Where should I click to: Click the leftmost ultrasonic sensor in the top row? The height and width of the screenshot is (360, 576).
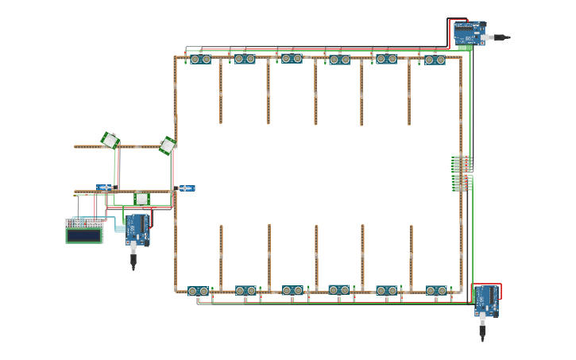tap(200, 59)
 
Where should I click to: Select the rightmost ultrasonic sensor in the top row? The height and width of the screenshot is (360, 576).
tap(435, 60)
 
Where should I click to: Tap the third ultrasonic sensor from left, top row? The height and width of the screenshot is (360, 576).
tap(292, 58)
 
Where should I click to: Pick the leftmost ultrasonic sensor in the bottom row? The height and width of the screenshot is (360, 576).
tap(199, 292)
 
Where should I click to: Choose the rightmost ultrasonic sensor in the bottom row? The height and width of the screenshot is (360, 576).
tap(436, 291)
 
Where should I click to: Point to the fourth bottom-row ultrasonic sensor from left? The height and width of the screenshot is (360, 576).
tap(339, 290)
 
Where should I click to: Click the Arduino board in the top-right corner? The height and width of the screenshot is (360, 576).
tap(469, 33)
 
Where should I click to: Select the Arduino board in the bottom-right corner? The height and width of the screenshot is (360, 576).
tap(486, 301)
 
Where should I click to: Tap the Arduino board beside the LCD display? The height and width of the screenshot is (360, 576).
tap(137, 229)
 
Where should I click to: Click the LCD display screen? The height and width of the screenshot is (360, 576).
tap(83, 235)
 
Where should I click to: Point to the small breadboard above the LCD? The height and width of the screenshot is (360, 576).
tap(83, 223)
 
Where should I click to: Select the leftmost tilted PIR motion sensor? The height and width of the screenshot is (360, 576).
tap(110, 141)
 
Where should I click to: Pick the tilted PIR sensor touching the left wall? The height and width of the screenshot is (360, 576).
tap(167, 145)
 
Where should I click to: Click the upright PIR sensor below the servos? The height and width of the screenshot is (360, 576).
tap(141, 199)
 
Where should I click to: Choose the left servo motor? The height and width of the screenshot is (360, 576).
tap(105, 188)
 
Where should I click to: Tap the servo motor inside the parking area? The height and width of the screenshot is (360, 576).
tap(185, 188)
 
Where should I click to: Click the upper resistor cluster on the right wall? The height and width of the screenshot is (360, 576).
tap(460, 164)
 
